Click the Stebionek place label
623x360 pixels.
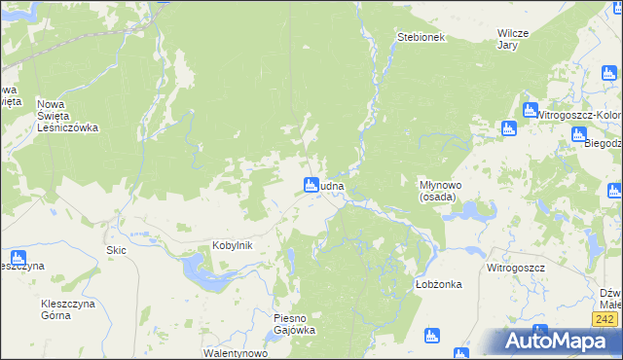click(421, 37)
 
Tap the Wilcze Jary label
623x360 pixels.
click(512, 38)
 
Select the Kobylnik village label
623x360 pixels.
click(233, 246)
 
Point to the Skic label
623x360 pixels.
click(117, 250)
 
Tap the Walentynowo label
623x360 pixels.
click(235, 353)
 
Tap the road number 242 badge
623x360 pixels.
click(605, 318)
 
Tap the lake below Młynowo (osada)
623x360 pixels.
click(459, 209)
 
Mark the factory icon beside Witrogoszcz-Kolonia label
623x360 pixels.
click(531, 111)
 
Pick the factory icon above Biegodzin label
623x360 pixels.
click(578, 133)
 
